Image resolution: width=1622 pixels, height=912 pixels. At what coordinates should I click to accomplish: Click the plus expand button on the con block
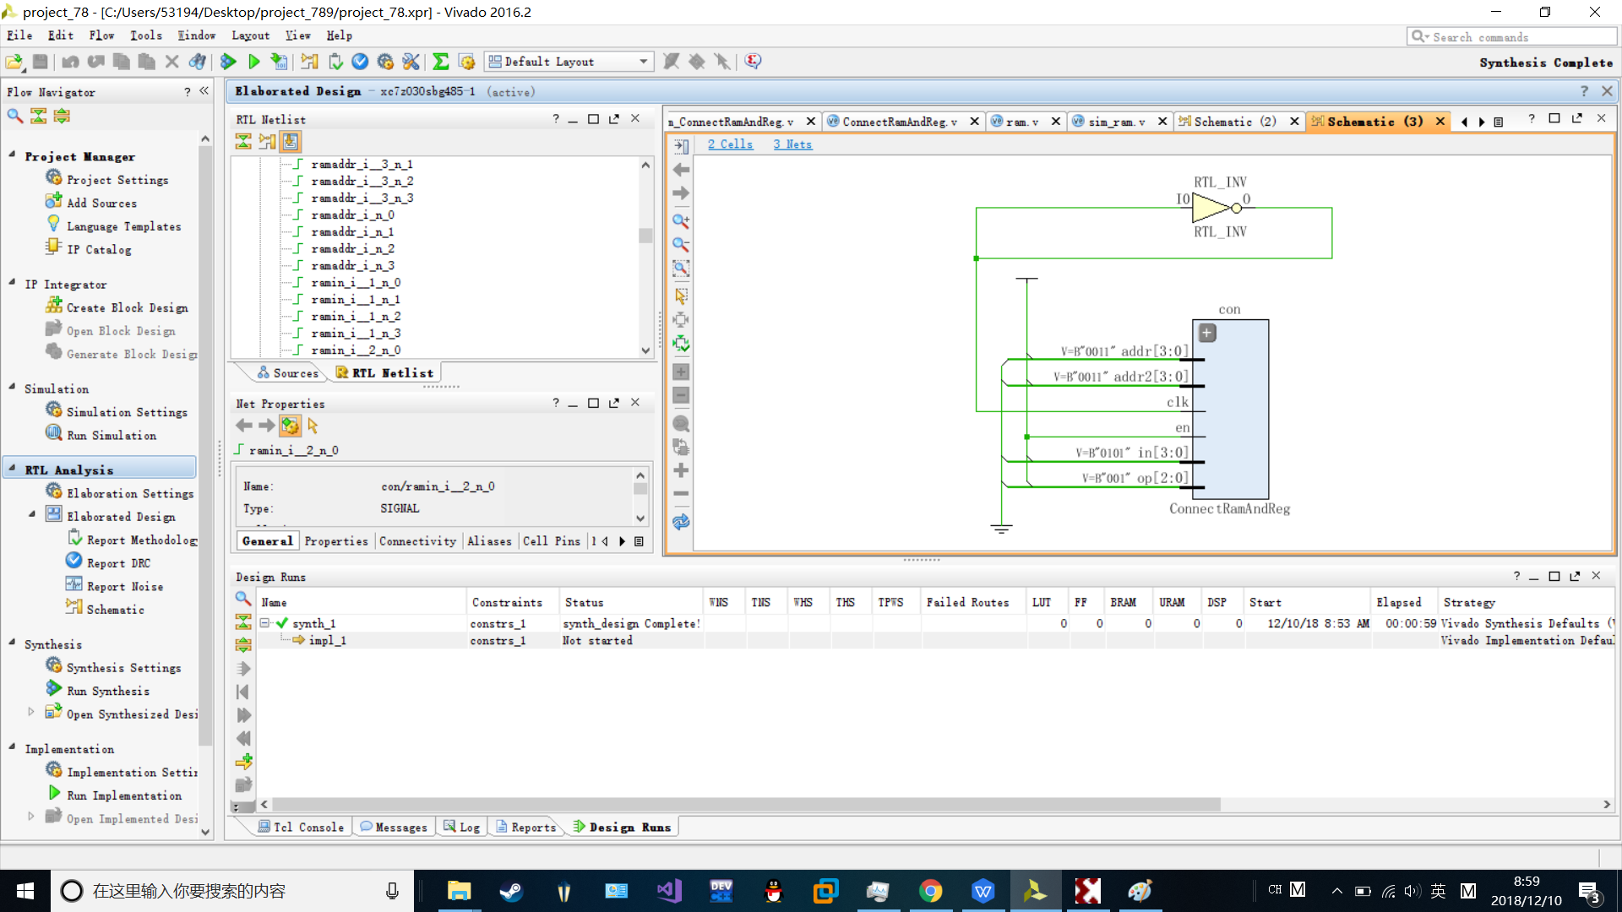(1207, 333)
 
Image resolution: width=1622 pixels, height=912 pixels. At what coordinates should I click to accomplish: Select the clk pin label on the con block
(1178, 402)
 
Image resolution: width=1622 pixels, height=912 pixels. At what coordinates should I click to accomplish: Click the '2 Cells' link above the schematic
(730, 144)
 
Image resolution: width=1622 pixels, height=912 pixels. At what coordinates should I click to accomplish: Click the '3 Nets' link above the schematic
(792, 144)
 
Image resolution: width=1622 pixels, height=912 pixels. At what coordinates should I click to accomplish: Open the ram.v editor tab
(1021, 122)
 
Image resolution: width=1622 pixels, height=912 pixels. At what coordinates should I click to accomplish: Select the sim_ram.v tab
(1116, 122)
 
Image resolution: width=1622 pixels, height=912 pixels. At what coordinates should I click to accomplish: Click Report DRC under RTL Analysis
(118, 563)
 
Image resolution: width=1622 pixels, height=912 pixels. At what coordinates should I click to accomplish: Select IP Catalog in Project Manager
(99, 250)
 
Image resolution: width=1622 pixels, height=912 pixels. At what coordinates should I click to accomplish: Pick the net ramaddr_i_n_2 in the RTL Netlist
(352, 249)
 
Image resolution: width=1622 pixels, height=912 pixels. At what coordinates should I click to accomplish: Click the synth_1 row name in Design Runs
(313, 624)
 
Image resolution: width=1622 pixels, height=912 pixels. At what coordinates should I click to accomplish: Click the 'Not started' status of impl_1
(597, 641)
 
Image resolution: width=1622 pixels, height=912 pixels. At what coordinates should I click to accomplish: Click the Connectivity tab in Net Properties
(417, 541)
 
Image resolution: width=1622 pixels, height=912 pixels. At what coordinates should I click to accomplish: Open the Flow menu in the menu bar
(101, 35)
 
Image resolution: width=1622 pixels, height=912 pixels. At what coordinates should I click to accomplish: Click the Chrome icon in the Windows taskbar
(930, 891)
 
